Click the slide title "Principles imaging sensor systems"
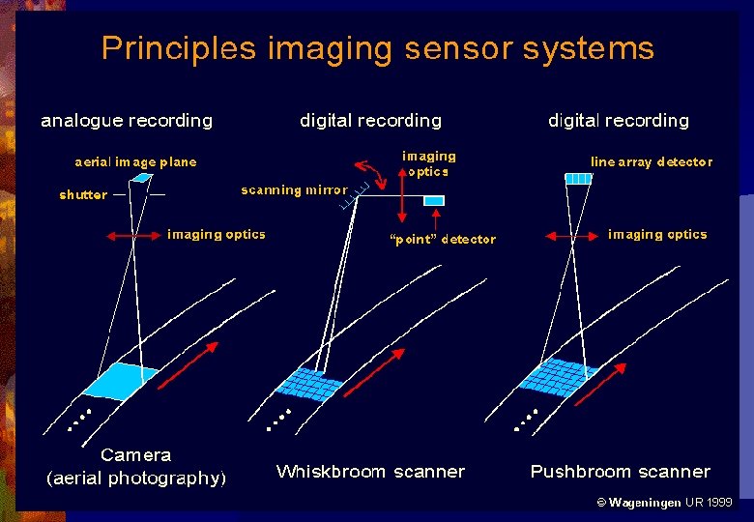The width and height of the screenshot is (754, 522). [x=377, y=48]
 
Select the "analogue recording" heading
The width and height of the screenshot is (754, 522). [x=127, y=121]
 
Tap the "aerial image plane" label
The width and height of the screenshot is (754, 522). [x=135, y=162]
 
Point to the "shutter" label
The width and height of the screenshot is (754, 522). [x=83, y=195]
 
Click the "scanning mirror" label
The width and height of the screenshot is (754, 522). [x=294, y=190]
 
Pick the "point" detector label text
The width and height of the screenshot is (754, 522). [x=442, y=240]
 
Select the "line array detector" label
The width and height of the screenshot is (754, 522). [x=652, y=162]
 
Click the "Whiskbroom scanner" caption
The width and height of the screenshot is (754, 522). [x=370, y=472]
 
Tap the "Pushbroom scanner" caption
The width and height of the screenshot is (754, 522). [x=620, y=472]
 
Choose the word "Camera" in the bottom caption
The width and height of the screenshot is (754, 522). [x=135, y=455]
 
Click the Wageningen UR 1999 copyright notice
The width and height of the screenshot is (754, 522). [x=664, y=503]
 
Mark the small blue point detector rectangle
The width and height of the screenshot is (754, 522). [x=434, y=200]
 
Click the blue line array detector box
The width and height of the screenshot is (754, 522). [x=578, y=178]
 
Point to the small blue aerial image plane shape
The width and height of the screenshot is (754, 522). [x=143, y=178]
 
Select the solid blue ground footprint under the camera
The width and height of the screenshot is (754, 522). [x=121, y=380]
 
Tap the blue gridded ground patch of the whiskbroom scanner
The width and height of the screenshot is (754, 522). [x=308, y=384]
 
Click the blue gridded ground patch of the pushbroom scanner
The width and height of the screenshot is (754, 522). [x=555, y=374]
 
